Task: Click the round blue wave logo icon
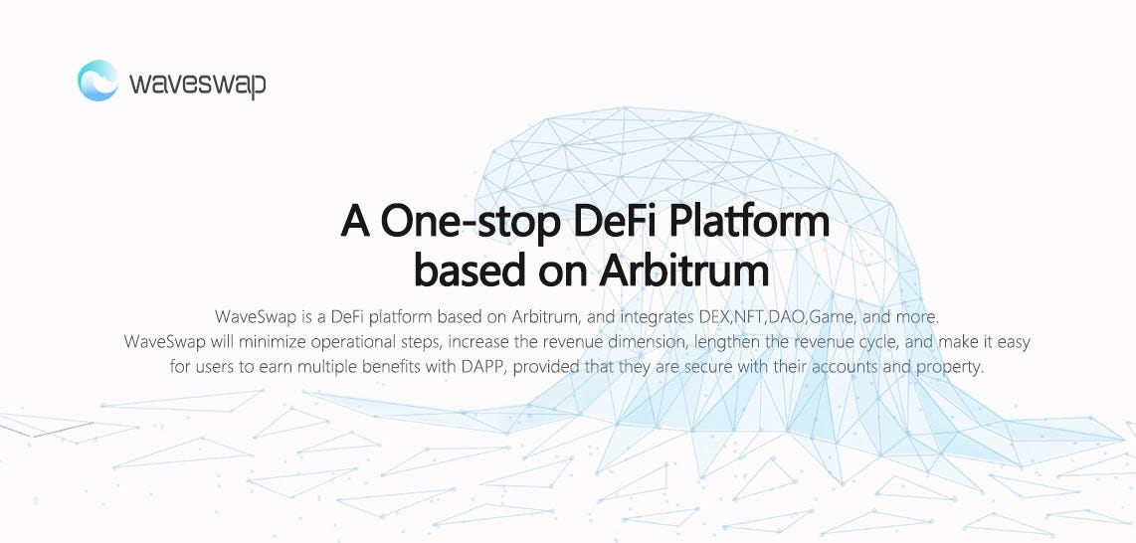point(97,81)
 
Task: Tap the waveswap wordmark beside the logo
point(197,83)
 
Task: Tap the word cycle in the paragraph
point(867,342)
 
